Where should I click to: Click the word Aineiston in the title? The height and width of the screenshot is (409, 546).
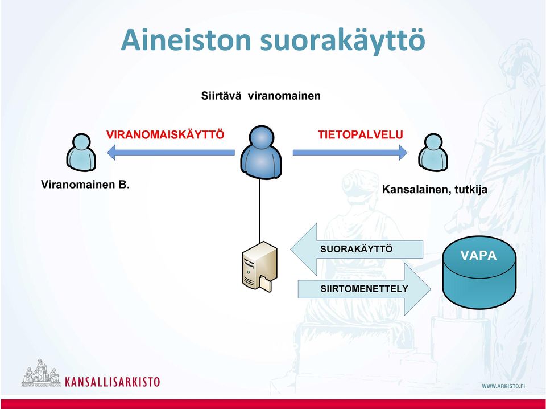[x=185, y=39]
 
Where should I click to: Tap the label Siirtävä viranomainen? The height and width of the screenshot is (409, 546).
[x=261, y=96]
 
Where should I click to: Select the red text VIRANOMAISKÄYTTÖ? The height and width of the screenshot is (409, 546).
[x=165, y=134]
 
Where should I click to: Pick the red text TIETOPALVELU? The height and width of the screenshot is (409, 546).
[x=360, y=134]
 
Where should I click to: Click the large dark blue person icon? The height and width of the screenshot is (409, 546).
[x=261, y=153]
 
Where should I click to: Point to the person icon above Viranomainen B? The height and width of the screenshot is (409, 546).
[x=81, y=152]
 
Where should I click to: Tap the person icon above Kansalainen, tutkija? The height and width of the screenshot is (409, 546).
[x=433, y=152]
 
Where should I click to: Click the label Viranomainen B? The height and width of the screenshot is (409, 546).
[x=85, y=185]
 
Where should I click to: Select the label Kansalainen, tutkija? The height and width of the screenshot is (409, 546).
[x=435, y=189]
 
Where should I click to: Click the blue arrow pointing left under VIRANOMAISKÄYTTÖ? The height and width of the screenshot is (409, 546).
[x=171, y=152]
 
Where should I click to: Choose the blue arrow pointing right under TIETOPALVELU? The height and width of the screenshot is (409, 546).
[x=350, y=152]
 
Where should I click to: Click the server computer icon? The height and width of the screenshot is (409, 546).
[x=259, y=267]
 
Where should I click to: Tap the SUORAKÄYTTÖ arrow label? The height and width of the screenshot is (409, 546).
[x=356, y=249]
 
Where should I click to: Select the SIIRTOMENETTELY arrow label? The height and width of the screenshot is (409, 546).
[x=364, y=289]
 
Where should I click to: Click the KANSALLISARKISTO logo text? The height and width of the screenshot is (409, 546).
[x=112, y=382]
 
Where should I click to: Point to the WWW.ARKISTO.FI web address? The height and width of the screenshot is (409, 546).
[x=503, y=386]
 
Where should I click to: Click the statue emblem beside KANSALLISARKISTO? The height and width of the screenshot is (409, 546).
[x=41, y=373]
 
